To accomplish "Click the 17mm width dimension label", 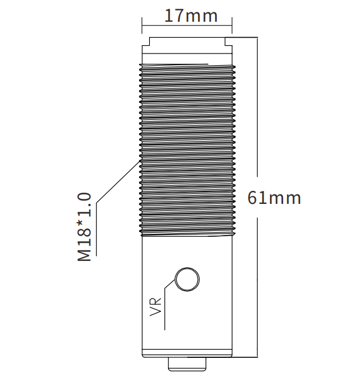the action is click(x=191, y=16).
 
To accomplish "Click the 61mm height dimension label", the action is click(x=274, y=198).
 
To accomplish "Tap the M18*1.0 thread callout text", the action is click(x=85, y=227).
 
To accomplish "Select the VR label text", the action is click(x=156, y=307).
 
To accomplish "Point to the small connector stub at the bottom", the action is click(x=187, y=364).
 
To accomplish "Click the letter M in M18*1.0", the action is click(x=85, y=255).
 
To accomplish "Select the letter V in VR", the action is click(x=156, y=312).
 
